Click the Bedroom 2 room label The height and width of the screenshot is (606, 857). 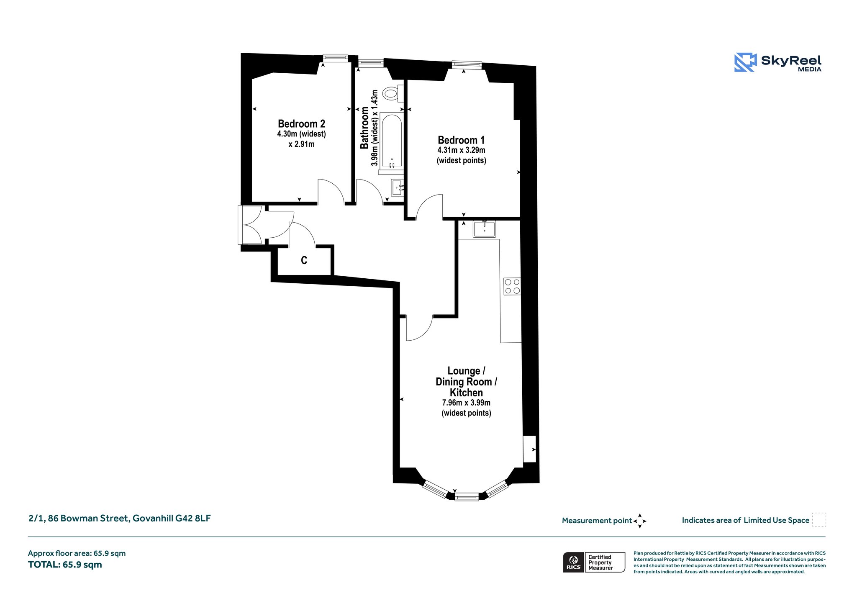click(301, 124)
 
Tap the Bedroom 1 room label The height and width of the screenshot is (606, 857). click(461, 140)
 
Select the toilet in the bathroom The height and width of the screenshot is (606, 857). click(393, 93)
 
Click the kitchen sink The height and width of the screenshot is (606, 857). click(484, 229)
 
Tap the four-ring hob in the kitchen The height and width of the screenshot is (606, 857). click(512, 286)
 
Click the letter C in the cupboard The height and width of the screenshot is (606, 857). click(304, 260)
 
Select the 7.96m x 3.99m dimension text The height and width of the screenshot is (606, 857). click(466, 403)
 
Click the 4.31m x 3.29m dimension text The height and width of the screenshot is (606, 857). click(461, 150)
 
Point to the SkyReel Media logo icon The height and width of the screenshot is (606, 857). click(745, 62)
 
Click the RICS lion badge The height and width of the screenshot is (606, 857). click(574, 562)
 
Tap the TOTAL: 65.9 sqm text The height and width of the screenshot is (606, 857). click(65, 565)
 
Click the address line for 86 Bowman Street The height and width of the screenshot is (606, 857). click(120, 519)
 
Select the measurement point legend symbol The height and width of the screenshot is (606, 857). click(640, 521)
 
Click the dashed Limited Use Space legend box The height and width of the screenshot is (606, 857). click(819, 520)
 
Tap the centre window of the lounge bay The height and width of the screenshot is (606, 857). click(467, 497)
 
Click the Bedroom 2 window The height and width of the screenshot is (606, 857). click(335, 57)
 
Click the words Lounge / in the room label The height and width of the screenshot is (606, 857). click(466, 371)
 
